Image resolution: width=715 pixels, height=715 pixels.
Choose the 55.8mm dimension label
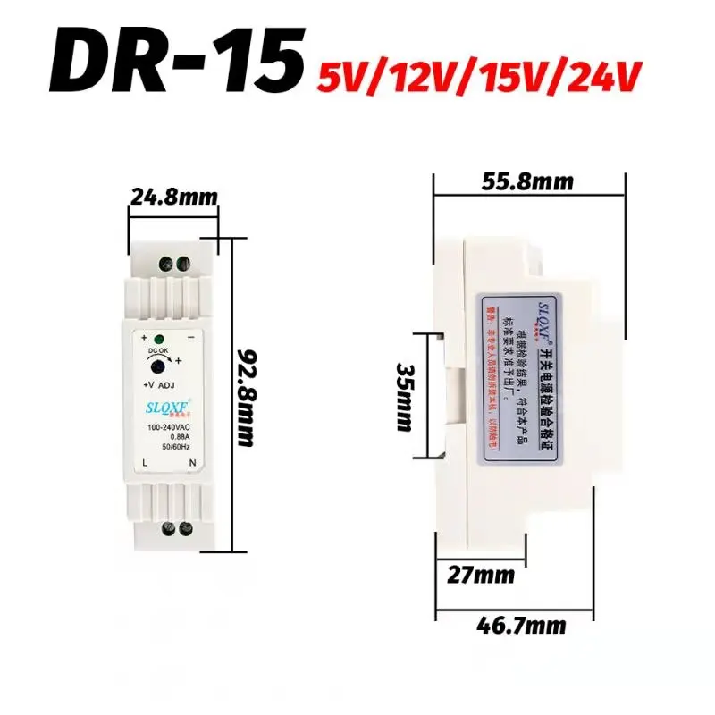click(526, 181)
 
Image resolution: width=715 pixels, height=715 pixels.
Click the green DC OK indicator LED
click(157, 339)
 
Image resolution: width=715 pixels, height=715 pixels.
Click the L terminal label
click(145, 463)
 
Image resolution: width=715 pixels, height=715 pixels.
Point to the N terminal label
click(191, 463)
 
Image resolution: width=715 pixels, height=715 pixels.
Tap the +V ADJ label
click(161, 385)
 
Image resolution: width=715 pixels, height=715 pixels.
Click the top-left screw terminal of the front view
click(165, 264)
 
